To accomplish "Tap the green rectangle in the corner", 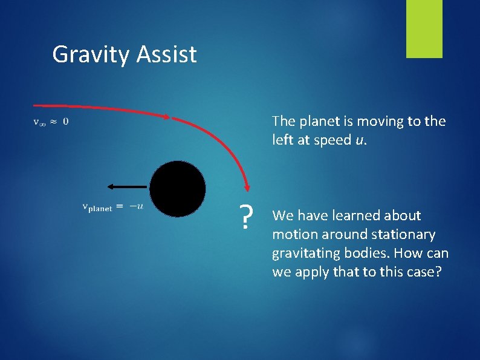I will [x=424, y=29].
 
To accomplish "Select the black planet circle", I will [x=178, y=189].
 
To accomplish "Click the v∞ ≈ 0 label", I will [x=50, y=122].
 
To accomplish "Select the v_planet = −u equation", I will [x=112, y=207].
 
